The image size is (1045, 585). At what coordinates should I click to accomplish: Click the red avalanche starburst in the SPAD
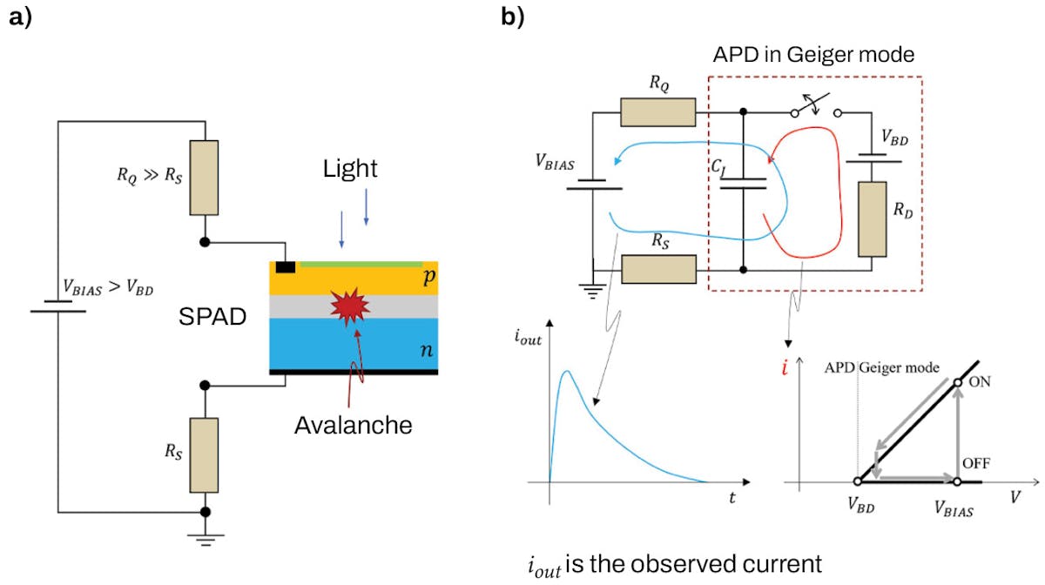click(350, 306)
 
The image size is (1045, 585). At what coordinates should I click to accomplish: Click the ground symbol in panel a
click(206, 539)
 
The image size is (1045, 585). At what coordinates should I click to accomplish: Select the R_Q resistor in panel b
click(657, 112)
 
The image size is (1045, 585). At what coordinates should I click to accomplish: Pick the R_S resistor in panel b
click(657, 271)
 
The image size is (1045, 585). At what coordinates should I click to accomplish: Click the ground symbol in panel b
click(593, 292)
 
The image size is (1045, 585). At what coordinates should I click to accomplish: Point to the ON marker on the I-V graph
click(957, 382)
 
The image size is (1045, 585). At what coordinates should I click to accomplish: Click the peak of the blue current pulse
click(567, 372)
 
